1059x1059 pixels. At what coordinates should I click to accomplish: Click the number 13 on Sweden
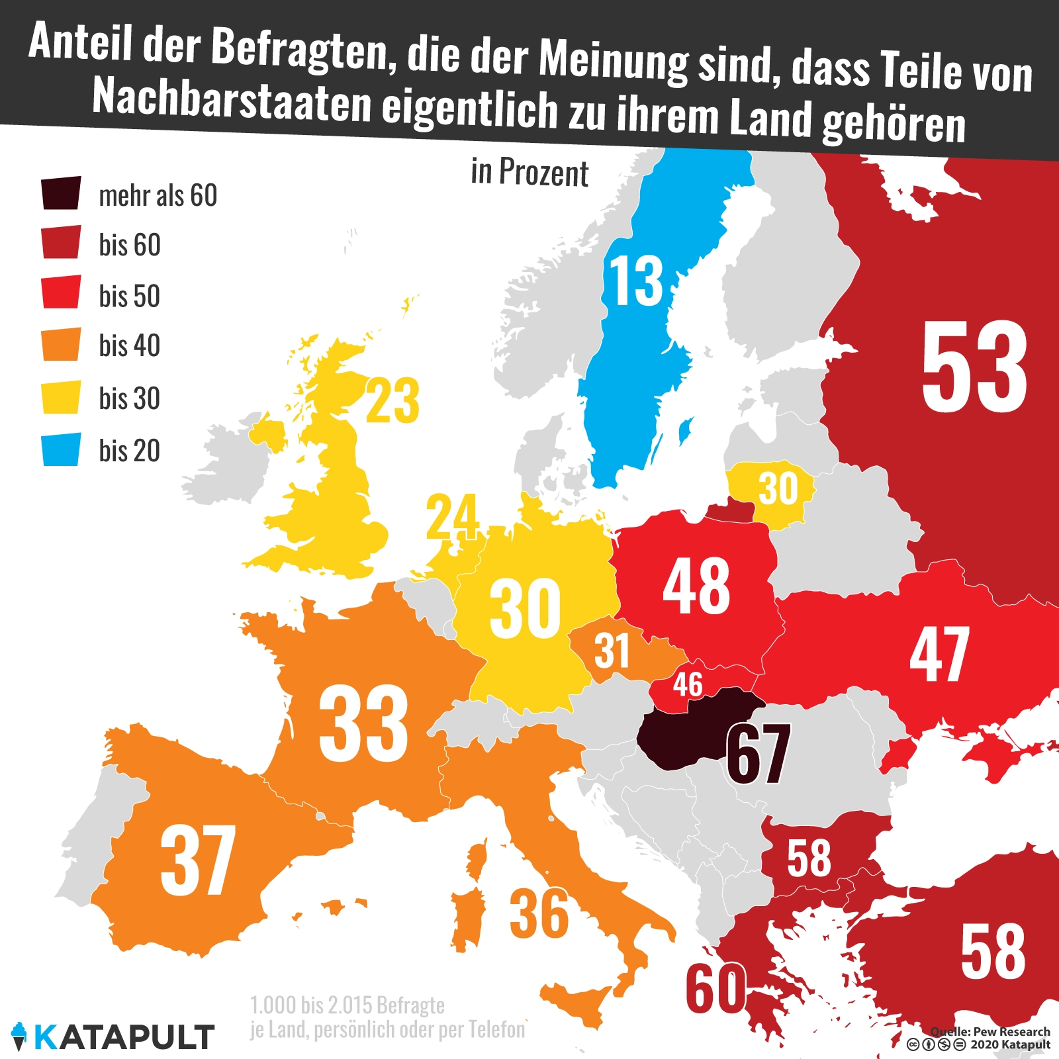(635, 281)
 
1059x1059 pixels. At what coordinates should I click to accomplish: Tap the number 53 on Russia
(974, 367)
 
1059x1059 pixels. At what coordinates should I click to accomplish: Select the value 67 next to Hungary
(759, 753)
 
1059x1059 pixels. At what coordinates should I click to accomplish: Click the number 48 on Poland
(696, 586)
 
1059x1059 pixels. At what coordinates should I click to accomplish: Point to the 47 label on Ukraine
(939, 655)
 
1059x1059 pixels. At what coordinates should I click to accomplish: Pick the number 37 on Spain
(198, 860)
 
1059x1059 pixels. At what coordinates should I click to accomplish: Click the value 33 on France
(363, 723)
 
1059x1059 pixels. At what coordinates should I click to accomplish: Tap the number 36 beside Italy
(539, 915)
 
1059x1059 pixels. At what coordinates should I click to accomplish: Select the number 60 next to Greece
(715, 989)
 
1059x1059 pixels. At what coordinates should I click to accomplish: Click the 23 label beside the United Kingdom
(392, 401)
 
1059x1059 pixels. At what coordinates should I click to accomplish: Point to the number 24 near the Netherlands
(452, 517)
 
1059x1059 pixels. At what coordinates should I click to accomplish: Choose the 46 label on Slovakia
(688, 684)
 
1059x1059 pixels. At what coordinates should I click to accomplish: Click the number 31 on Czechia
(612, 651)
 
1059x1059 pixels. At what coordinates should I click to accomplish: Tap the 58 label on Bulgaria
(809, 858)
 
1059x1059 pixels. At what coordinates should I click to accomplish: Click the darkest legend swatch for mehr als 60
(61, 193)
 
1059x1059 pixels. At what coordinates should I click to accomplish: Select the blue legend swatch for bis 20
(61, 449)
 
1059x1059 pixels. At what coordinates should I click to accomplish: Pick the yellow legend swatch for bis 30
(61, 397)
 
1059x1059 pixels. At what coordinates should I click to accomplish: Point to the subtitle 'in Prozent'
(529, 173)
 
